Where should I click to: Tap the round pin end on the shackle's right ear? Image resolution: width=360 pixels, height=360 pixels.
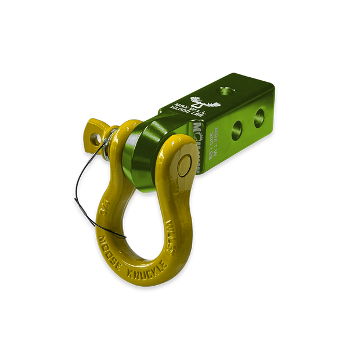[184, 165]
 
